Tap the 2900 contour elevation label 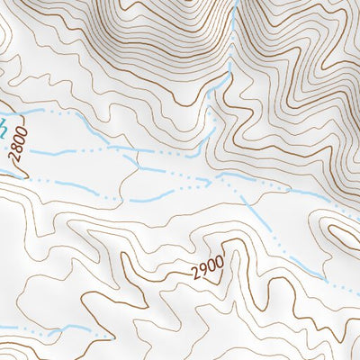206,267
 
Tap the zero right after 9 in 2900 211,266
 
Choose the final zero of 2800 23,132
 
